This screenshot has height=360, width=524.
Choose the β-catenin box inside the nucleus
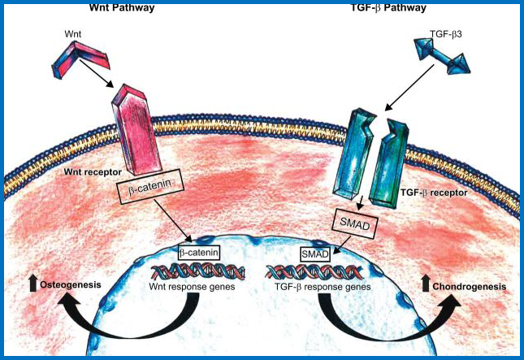tap(200, 252)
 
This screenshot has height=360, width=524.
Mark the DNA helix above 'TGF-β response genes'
tap(315, 271)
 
